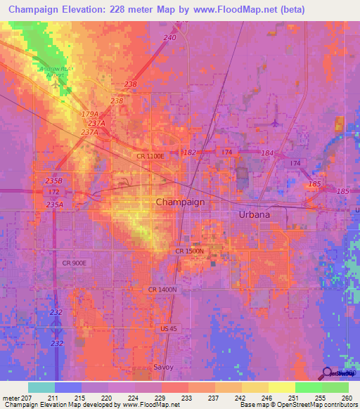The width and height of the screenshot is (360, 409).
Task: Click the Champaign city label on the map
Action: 180,202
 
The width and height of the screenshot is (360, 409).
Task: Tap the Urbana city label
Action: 255,214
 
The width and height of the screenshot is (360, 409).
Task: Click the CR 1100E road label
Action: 150,156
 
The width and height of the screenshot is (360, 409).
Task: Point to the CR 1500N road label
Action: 189,250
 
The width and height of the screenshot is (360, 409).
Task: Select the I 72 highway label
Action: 53,191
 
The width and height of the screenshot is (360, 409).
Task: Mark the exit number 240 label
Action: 169,37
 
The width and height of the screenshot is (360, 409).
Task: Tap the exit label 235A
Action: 54,204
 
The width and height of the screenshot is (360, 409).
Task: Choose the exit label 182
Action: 190,152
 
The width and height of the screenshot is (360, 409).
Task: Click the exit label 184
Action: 266,152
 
